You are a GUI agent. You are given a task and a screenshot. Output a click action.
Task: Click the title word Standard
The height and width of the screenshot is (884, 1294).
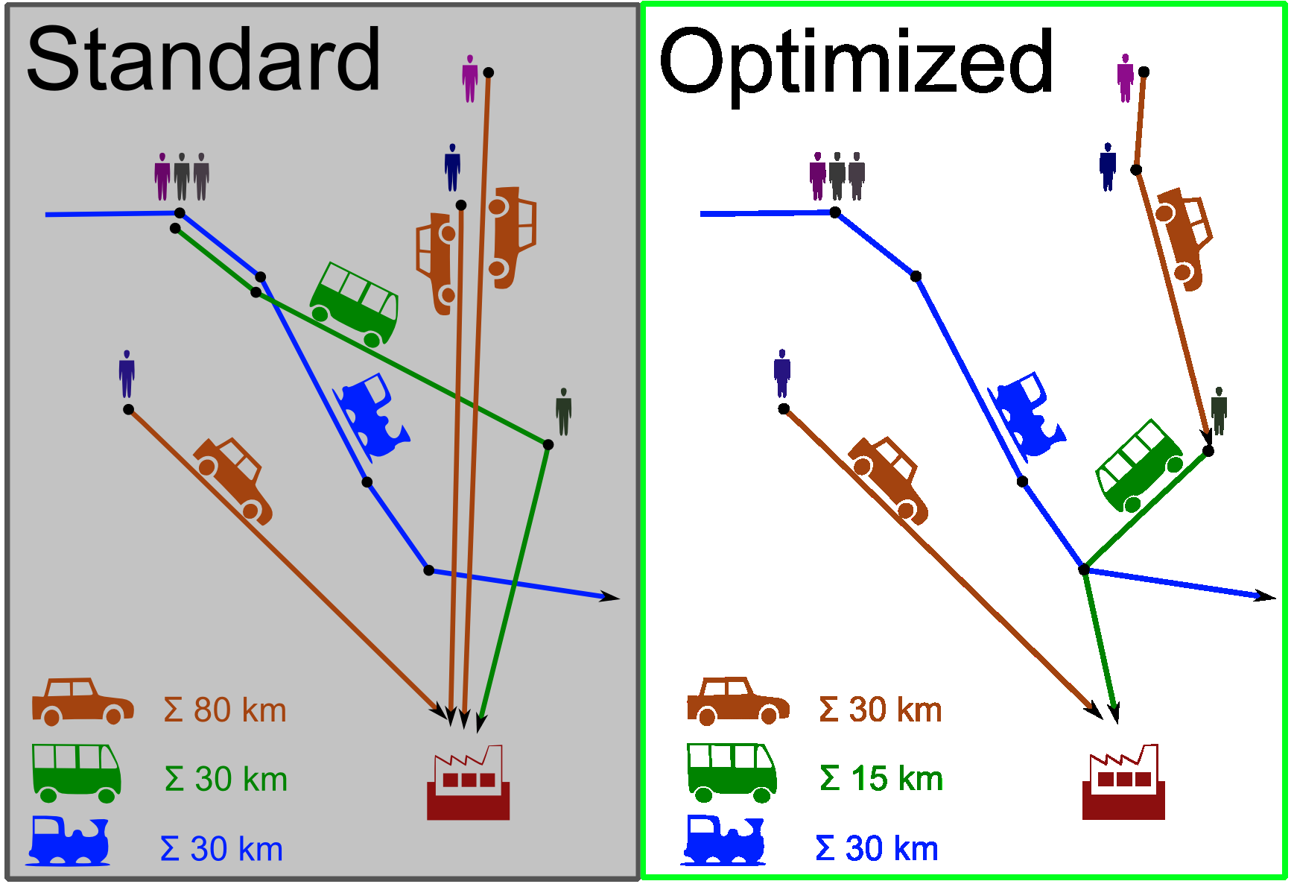(x=203, y=59)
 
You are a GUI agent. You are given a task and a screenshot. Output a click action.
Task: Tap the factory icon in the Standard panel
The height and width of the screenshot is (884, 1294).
(x=468, y=782)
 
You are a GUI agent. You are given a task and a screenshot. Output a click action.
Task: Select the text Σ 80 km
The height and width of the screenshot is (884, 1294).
(x=225, y=710)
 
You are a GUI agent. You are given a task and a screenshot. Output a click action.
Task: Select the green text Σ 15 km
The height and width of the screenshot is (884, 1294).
(x=881, y=779)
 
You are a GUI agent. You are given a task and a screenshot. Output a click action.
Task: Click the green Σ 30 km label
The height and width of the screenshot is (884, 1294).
(x=226, y=780)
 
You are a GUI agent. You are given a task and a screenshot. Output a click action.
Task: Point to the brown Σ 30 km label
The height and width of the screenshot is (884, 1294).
(x=881, y=710)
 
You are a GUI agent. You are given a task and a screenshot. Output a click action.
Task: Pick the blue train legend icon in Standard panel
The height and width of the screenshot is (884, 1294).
(x=69, y=841)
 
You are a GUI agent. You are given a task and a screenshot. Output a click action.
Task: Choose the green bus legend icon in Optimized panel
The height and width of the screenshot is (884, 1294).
(x=732, y=772)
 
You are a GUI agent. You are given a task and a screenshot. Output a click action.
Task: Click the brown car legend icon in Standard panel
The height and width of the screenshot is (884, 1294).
(x=83, y=701)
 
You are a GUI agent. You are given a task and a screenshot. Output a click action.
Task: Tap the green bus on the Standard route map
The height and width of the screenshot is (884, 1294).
(x=355, y=304)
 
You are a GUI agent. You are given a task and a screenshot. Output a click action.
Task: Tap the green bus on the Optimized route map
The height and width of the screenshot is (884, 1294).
(x=1139, y=466)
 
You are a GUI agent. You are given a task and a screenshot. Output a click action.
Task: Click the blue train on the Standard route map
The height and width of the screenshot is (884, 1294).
(x=372, y=415)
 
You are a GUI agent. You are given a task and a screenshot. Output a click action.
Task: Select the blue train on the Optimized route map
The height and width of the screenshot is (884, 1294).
(x=1027, y=414)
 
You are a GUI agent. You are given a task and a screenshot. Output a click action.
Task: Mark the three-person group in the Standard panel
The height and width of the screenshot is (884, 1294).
(x=182, y=177)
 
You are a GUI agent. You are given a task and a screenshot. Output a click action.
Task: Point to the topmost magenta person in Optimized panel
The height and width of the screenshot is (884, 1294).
(x=1126, y=78)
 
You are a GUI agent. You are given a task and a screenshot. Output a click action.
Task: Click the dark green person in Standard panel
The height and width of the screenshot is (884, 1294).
(x=564, y=411)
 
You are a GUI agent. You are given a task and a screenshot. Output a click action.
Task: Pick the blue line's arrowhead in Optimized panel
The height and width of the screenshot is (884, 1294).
(x=1266, y=596)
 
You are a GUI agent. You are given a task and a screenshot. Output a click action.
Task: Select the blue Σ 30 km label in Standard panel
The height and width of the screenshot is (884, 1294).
(x=222, y=849)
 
